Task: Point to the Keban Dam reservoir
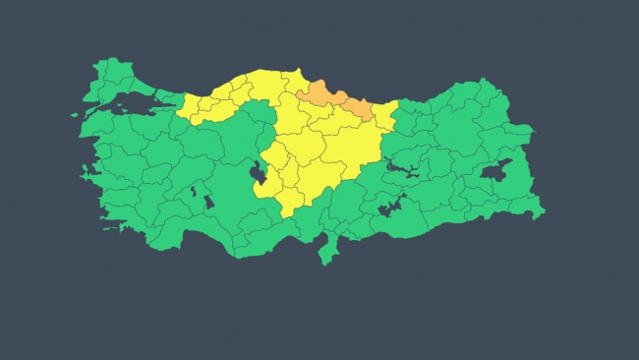tap(402, 171)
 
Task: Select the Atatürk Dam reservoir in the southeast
tap(390, 208)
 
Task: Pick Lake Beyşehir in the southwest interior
tap(209, 202)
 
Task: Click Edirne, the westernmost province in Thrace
tap(101, 75)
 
